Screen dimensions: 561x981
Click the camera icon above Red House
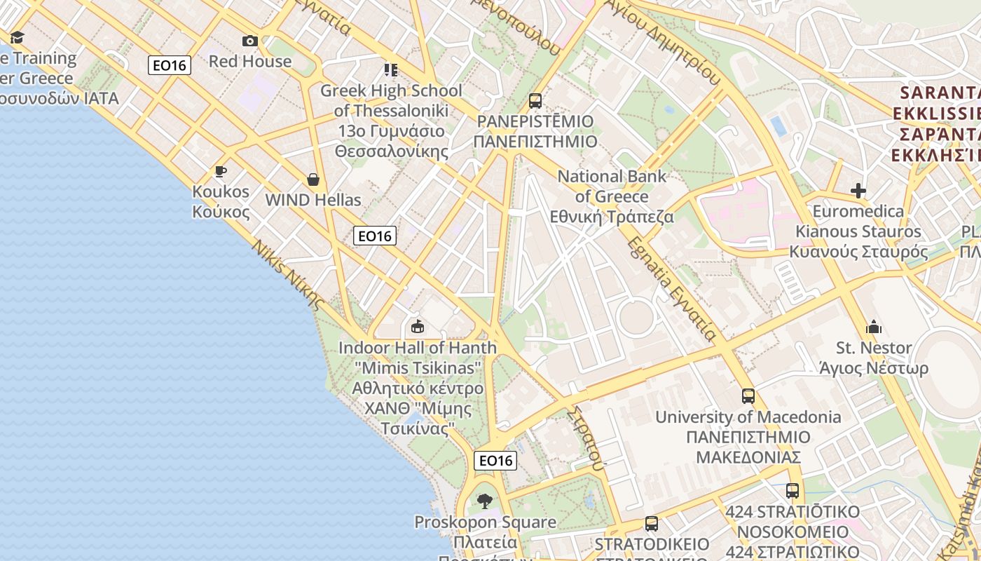point(250,41)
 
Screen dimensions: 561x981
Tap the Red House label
point(250,61)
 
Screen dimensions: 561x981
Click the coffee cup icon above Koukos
point(221,172)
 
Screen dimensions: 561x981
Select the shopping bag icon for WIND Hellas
point(313,180)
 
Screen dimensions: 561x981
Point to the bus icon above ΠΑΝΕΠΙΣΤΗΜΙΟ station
point(535,101)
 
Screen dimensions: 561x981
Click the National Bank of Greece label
point(612,196)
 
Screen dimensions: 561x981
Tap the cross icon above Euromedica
point(858,191)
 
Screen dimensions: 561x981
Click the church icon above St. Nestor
point(874,327)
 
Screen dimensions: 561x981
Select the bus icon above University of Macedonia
point(748,396)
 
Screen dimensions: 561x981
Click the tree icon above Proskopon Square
point(484,501)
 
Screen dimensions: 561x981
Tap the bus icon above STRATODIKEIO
point(652,524)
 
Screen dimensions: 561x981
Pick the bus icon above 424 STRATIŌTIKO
point(793,491)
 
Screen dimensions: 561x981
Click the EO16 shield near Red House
point(170,66)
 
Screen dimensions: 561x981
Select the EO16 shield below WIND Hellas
point(375,236)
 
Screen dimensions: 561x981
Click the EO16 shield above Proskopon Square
point(495,461)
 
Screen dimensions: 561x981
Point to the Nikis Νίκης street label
point(287,276)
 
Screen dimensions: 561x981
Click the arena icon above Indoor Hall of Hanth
point(418,326)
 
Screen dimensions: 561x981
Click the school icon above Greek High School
point(390,69)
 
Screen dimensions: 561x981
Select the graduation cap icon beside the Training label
point(17,37)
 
